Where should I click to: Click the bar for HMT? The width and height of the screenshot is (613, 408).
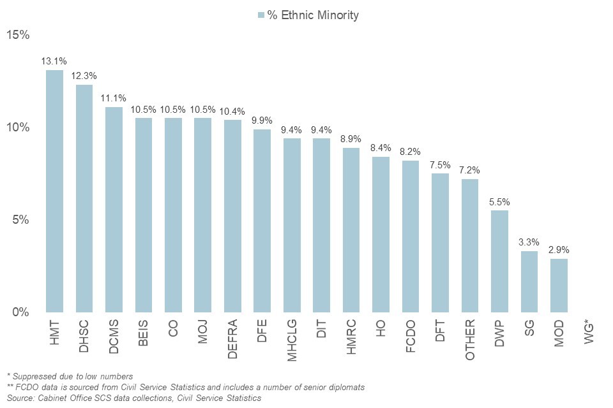(54, 191)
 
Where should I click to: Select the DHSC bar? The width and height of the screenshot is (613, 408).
(84, 198)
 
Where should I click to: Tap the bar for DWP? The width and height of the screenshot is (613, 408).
(499, 261)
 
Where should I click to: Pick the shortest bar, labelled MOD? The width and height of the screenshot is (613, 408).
(559, 286)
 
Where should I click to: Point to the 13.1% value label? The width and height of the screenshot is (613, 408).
(54, 62)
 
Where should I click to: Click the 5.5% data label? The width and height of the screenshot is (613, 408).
(499, 202)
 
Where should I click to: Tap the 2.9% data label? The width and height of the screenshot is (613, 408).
(559, 250)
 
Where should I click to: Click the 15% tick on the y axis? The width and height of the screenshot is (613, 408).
(18, 35)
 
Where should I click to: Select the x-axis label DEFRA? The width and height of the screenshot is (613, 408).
(232, 339)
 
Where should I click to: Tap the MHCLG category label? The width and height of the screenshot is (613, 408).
(292, 340)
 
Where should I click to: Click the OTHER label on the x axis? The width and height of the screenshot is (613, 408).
(470, 339)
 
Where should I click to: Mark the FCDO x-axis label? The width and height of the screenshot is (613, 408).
(411, 336)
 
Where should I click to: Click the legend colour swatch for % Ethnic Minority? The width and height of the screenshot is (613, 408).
(261, 15)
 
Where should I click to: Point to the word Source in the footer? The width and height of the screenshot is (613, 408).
(19, 398)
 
